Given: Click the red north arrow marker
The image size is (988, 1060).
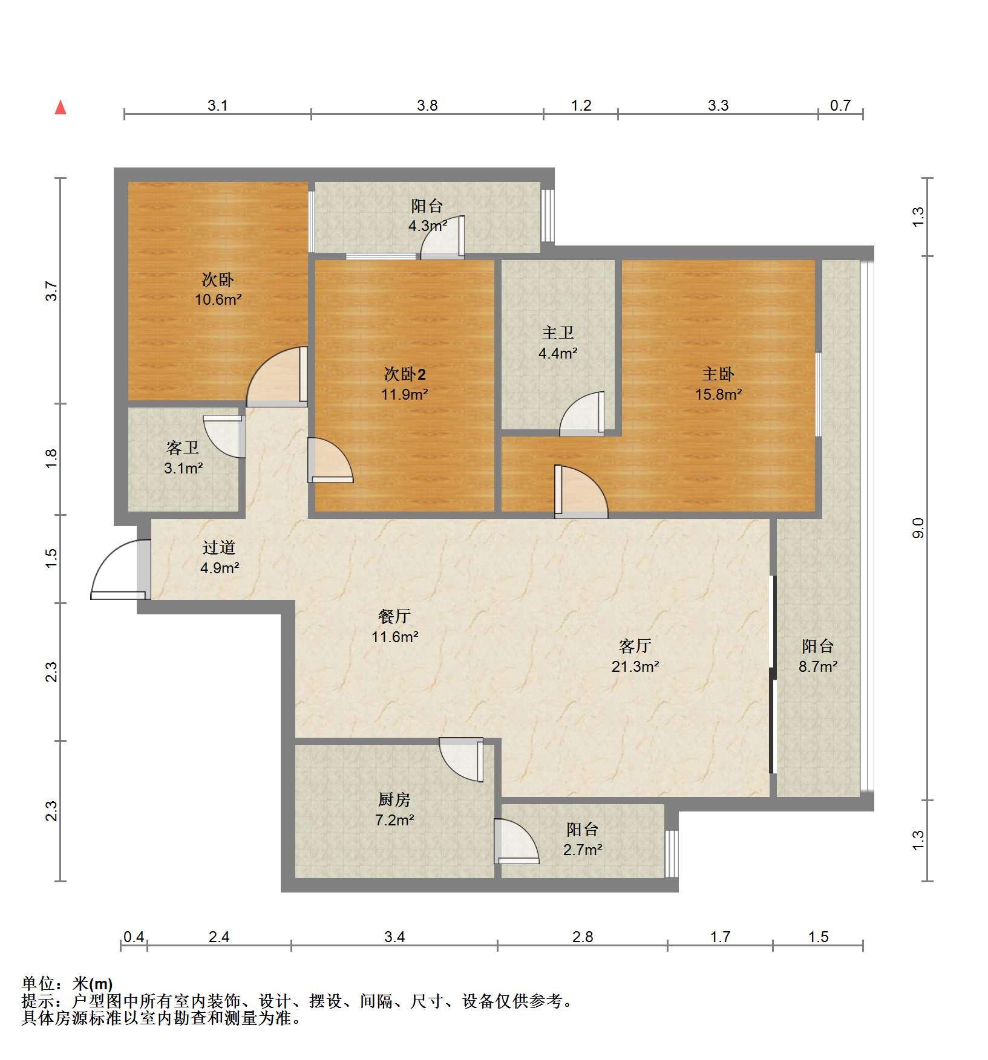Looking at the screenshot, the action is [61, 108].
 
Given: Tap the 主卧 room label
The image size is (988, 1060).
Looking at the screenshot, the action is [718, 374].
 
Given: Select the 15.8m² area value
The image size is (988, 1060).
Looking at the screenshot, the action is [719, 395].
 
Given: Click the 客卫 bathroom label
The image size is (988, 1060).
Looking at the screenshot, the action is [183, 447].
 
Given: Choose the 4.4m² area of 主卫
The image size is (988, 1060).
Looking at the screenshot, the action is [558, 353].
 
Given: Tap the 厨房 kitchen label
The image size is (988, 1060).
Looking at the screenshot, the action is [394, 799].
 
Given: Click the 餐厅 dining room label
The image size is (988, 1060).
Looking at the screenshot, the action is [394, 616].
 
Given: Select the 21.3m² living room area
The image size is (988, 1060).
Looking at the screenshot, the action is [635, 666].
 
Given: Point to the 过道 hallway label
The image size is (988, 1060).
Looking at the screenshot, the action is [219, 547].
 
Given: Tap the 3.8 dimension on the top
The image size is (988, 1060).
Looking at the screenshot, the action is [427, 105].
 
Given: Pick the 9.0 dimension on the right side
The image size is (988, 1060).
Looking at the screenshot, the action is [918, 528].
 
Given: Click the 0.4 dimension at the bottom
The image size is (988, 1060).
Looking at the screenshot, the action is [134, 937].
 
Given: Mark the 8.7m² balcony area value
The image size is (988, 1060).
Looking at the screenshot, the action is [818, 666].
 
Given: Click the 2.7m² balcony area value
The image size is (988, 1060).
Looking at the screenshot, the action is [583, 850].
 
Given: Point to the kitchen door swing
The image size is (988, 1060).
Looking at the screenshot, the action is [462, 759].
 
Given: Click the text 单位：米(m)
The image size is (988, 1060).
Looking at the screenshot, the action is [67, 984].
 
